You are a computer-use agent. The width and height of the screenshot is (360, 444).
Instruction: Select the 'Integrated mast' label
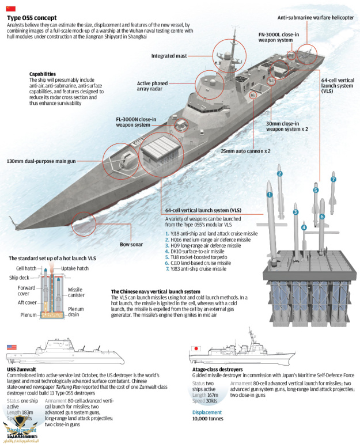click(x=170, y=56)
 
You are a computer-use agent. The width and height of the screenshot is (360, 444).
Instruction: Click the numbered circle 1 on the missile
click(x=269, y=195)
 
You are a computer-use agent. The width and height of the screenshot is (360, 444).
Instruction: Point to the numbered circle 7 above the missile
click(x=332, y=180)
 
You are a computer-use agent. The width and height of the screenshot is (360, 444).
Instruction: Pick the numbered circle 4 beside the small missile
click(x=304, y=227)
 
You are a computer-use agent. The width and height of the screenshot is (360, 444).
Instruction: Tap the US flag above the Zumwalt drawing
click(x=12, y=347)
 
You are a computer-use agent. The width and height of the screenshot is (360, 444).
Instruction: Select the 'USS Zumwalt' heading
click(x=21, y=369)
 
